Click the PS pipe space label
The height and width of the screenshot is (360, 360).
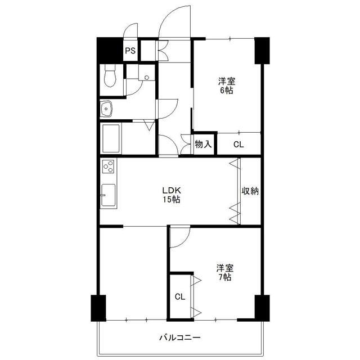click(130, 51)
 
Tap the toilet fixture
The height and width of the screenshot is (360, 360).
click(110, 75)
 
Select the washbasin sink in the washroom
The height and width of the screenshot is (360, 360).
click(106, 109)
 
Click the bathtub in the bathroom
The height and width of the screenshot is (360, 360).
click(111, 138)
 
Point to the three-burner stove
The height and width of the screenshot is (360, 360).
click(108, 166)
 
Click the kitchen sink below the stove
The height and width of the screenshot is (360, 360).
click(108, 195)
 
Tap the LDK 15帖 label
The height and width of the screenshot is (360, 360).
click(172, 195)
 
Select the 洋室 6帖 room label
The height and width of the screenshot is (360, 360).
click(227, 86)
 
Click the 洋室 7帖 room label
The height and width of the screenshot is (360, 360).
click(225, 273)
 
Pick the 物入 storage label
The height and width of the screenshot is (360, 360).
click(203, 144)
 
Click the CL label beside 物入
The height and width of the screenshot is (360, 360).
click(238, 145)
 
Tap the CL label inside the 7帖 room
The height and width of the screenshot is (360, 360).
click(180, 297)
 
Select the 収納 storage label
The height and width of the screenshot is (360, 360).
click(250, 191)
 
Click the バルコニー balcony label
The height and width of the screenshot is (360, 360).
click(180, 337)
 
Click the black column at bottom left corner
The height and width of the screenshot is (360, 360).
click(98, 308)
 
